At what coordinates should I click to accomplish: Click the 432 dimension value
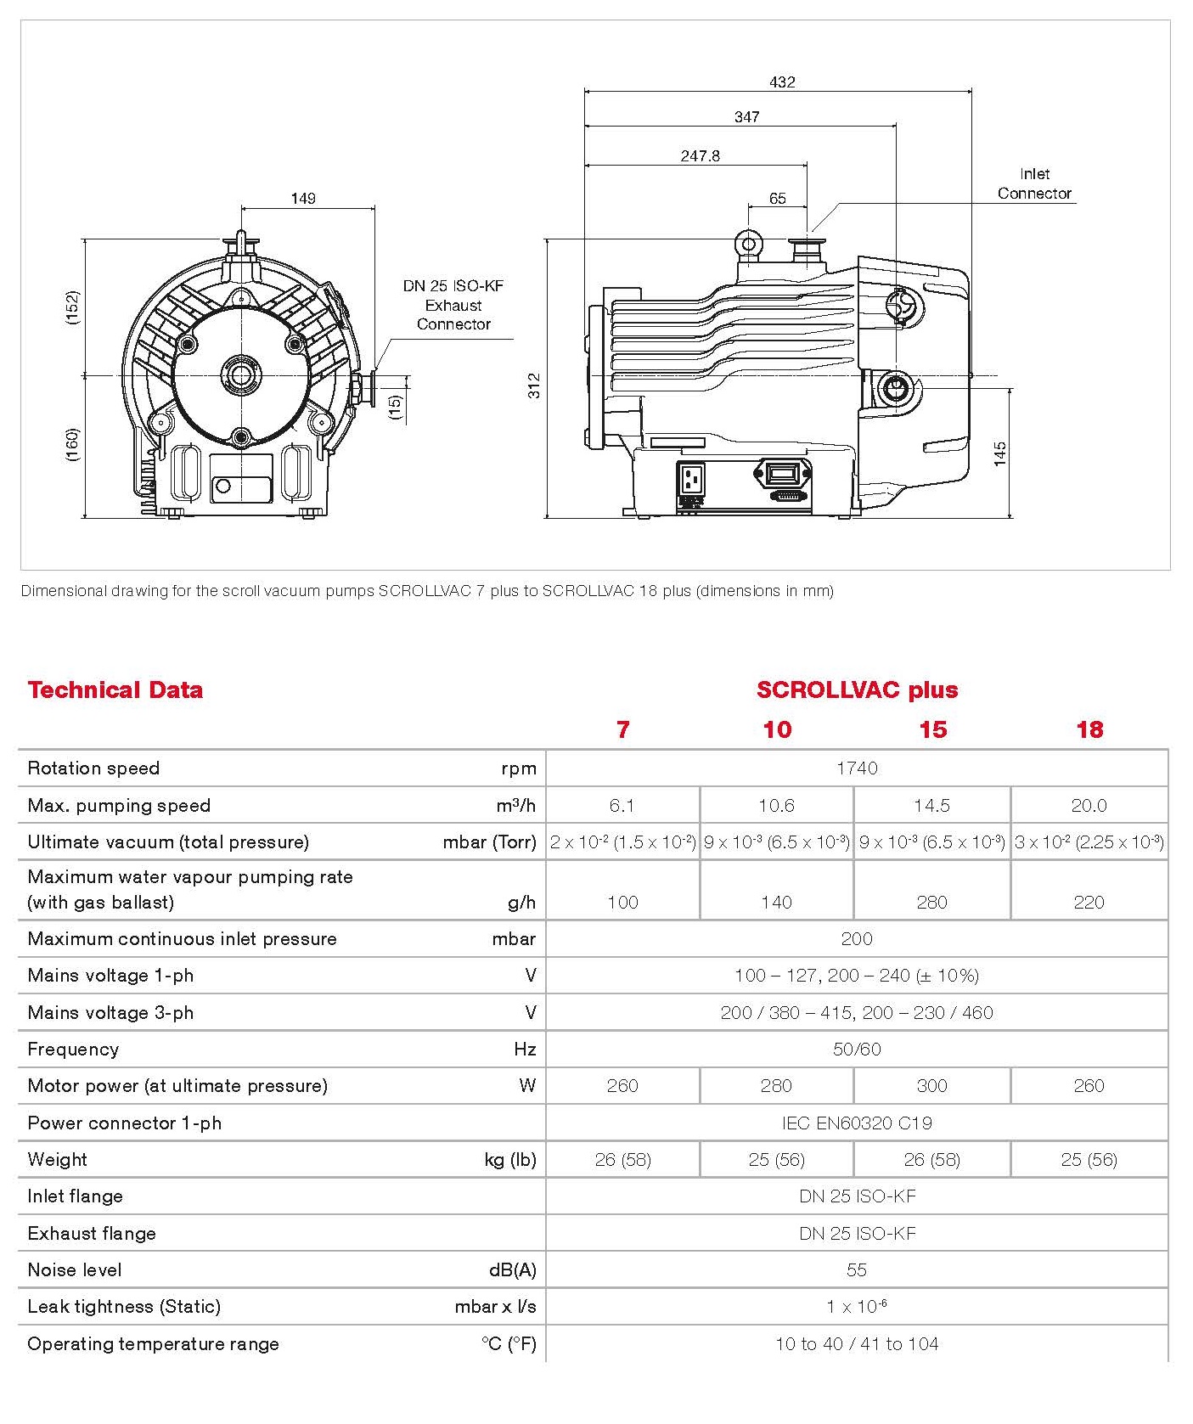782,82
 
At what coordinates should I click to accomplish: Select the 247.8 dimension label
700,156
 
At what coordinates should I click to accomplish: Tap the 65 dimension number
778,199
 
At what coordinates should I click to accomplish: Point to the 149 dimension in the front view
303,199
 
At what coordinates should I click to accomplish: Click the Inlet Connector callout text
1034,183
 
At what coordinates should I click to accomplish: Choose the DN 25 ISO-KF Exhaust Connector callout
453,305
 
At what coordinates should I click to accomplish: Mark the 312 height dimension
534,386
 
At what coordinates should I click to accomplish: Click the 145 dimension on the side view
1000,453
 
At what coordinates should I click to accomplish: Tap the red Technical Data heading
115,689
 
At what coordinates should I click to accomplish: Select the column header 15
932,729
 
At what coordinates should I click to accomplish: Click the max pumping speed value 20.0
1089,805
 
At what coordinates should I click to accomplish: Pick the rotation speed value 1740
857,768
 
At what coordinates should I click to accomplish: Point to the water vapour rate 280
931,902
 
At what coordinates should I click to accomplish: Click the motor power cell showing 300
931,1086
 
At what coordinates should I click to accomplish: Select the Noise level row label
75,1270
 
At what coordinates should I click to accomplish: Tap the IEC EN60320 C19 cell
857,1123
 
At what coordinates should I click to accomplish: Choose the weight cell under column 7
622,1160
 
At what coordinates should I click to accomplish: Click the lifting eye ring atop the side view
749,245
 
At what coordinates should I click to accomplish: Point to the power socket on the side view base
693,481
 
